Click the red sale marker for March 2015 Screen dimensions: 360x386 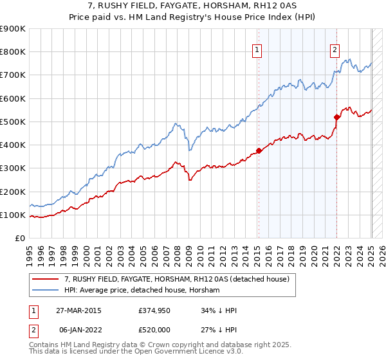tap(259, 151)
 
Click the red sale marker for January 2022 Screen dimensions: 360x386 tap(336, 117)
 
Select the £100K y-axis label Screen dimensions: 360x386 tap(13, 215)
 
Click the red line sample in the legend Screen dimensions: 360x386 tap(46, 279)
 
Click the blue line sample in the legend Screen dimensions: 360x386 tap(46, 291)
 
